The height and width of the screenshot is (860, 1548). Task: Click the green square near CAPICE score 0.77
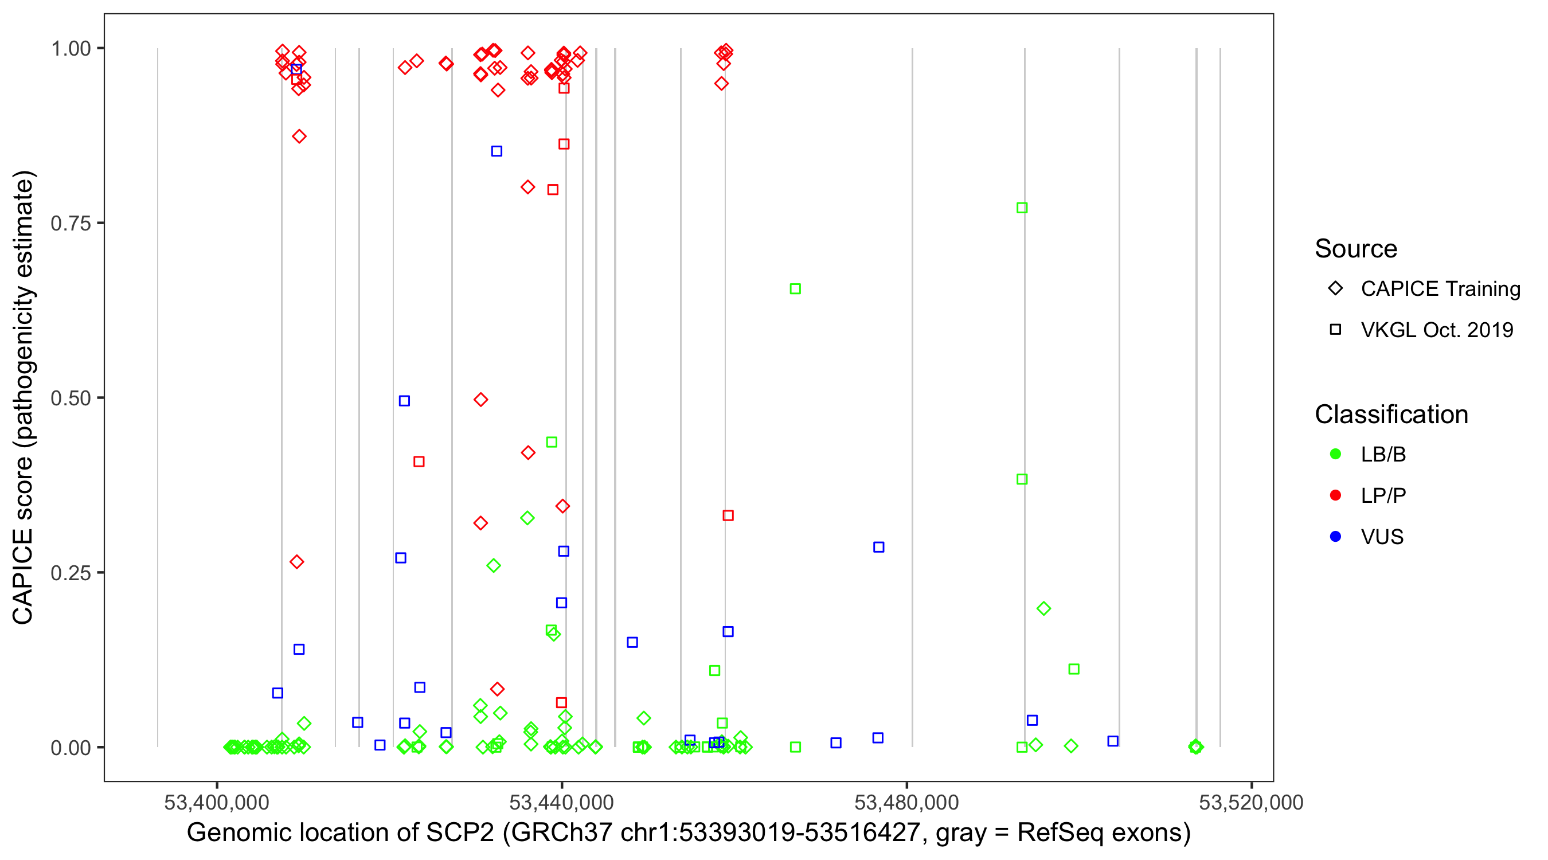(x=1022, y=208)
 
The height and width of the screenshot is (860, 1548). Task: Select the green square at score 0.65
(x=795, y=289)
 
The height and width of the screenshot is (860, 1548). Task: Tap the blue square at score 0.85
(x=497, y=151)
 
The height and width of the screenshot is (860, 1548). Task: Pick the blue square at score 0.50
(x=404, y=401)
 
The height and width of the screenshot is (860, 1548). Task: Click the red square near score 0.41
(x=419, y=462)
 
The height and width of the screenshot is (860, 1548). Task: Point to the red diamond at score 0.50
(x=480, y=400)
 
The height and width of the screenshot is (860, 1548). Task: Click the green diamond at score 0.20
(x=1043, y=609)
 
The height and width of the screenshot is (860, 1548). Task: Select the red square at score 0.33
(x=728, y=515)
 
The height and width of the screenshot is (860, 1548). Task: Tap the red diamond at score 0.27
(x=297, y=562)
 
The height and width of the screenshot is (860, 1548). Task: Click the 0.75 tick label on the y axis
(x=70, y=224)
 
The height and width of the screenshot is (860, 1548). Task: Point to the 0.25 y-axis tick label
(x=70, y=573)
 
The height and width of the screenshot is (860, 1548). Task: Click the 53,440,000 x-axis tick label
(x=561, y=802)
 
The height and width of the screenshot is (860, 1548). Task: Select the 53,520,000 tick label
(x=1250, y=802)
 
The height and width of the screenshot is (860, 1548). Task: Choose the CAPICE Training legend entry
(x=1440, y=289)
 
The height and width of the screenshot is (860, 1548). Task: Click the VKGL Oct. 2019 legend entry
(x=1436, y=330)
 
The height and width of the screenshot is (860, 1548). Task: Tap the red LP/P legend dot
(x=1335, y=495)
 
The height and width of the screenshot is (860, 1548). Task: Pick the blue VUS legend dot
(x=1335, y=537)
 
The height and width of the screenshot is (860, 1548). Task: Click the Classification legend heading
(x=1391, y=415)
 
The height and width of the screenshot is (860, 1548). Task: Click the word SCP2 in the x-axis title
(x=460, y=833)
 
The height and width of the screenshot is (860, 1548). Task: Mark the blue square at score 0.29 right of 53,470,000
(x=878, y=548)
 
